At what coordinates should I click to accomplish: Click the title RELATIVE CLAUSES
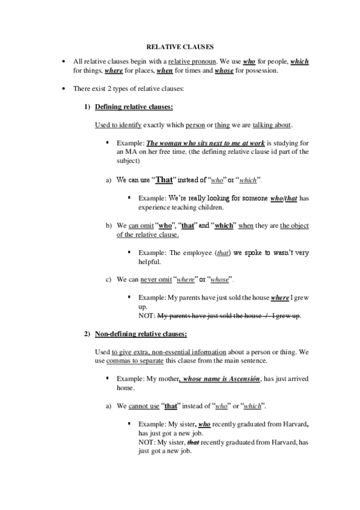tap(180, 46)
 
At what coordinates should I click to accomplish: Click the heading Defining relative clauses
tap(135, 107)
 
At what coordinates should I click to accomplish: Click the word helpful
tap(142, 263)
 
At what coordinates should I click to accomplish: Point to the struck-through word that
tap(194, 442)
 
